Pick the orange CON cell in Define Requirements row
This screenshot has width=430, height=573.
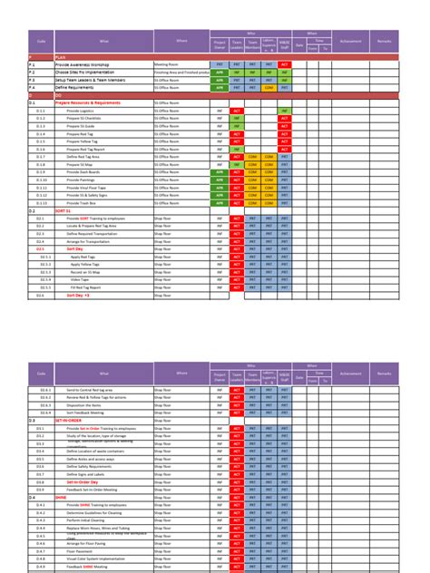(x=269, y=87)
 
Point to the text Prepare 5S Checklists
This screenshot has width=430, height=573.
(x=86, y=117)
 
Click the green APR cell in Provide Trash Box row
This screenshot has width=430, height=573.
(x=219, y=202)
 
